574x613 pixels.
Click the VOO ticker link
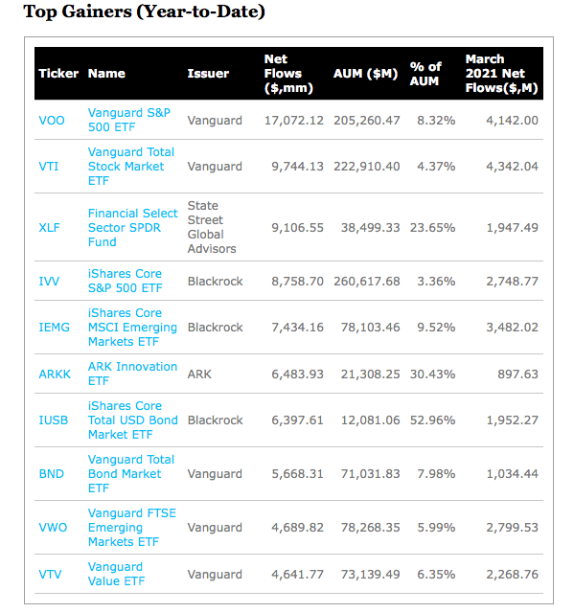pos(52,120)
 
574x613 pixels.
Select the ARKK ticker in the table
pos(55,375)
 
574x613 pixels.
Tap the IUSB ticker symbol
pos(53,420)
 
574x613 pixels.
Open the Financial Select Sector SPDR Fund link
pos(132,228)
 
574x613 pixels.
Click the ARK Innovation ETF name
pos(132,374)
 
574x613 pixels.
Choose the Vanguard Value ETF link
pos(116,574)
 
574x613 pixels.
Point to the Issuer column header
pos(208,74)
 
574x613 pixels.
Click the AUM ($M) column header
pos(365,74)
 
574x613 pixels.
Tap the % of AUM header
pos(425,74)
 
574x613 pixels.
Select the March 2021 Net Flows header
pos(502,74)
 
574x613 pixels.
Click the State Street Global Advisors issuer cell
pos(212,227)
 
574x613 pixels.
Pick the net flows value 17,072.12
pos(294,121)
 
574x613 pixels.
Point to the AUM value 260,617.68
pos(367,282)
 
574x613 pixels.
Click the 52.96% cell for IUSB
pos(432,420)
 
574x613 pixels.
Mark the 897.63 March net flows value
pos(517,375)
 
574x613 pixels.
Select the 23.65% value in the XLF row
pos(432,228)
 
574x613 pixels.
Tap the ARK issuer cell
pos(199,375)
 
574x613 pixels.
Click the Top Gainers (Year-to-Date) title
pos(144,11)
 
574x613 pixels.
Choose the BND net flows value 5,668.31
pos(298,474)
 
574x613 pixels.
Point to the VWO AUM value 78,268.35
pos(370,528)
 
